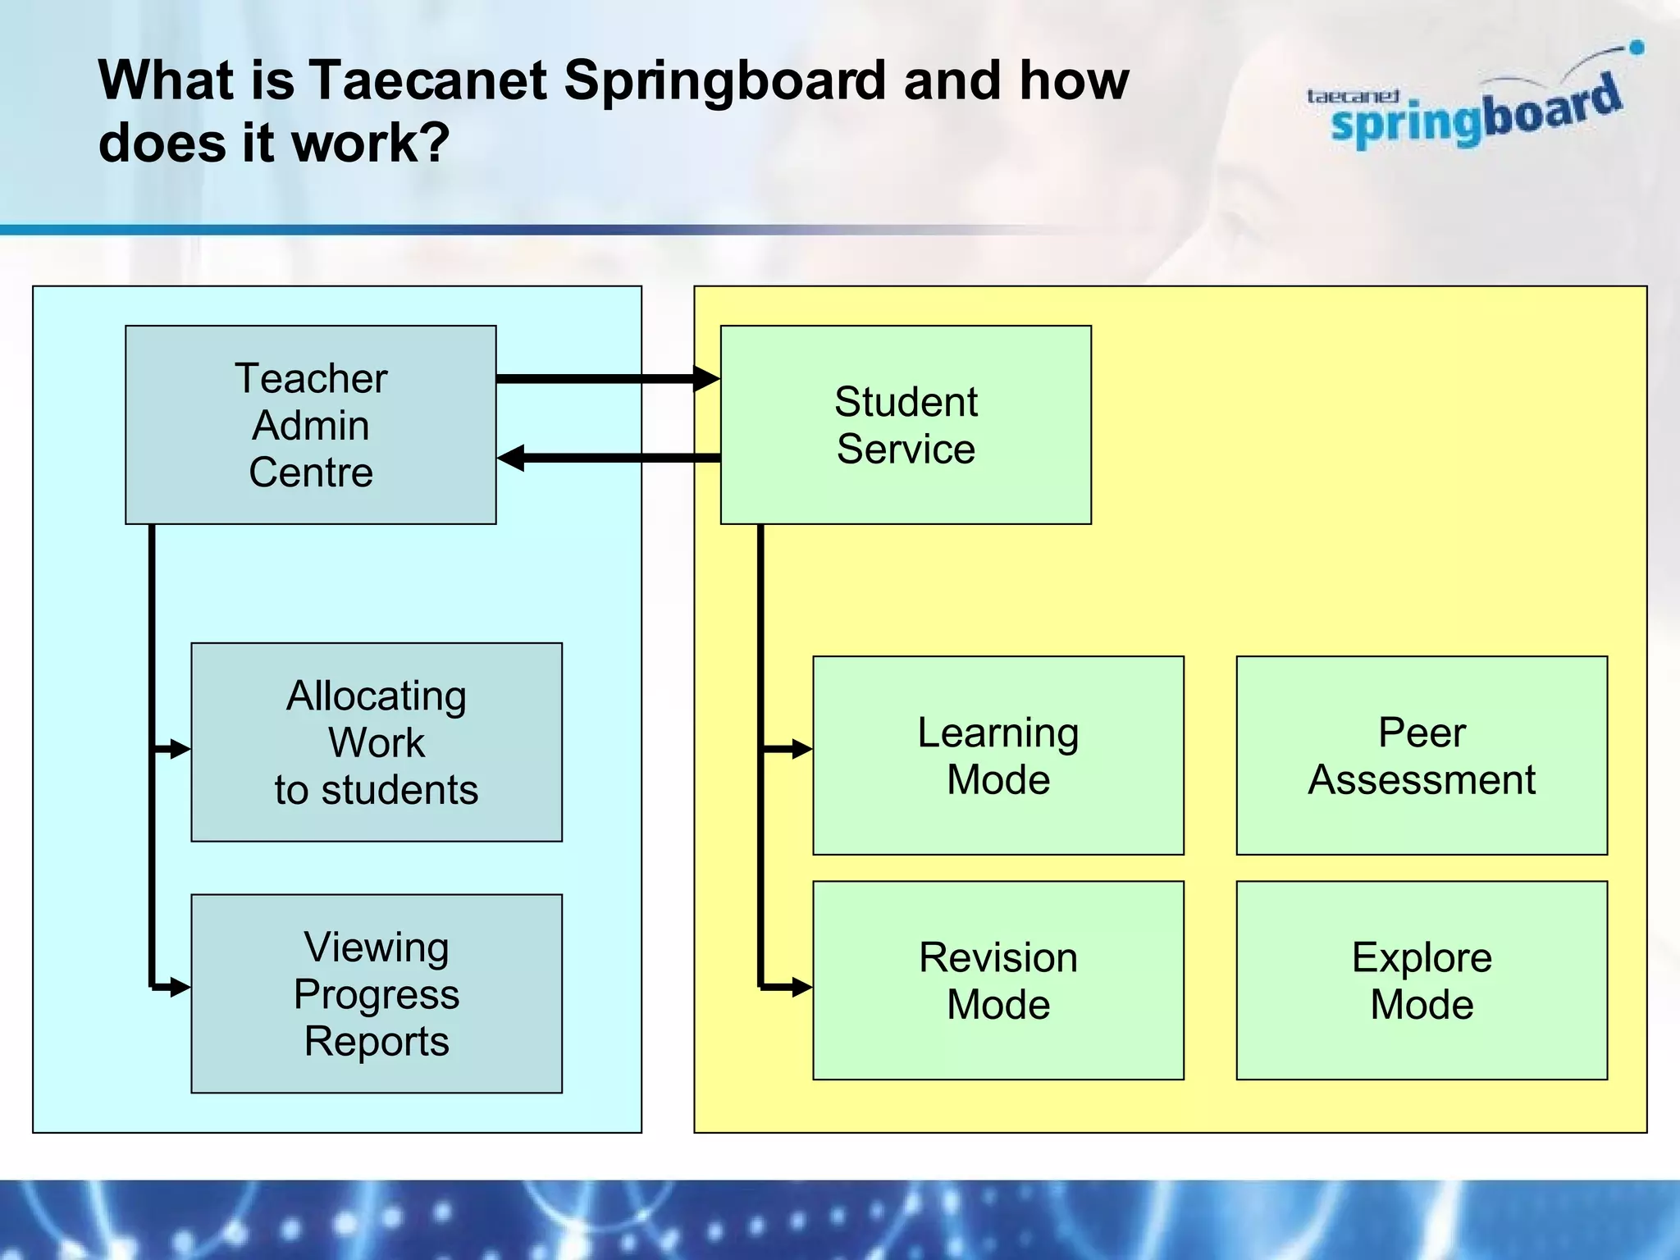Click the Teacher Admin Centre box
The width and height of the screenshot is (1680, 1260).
tap(310, 425)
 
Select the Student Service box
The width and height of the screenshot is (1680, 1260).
tap(906, 425)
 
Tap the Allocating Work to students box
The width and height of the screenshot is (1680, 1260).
tap(377, 742)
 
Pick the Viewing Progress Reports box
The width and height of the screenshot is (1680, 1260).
tap(377, 993)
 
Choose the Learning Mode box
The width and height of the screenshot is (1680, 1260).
tap(998, 756)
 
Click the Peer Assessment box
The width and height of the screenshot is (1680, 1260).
tap(1422, 756)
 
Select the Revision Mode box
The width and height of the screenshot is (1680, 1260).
tap(998, 980)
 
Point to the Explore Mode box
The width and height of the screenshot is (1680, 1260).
tap(1422, 980)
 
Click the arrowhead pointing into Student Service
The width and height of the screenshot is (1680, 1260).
tap(706, 378)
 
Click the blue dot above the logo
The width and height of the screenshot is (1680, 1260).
tap(1636, 48)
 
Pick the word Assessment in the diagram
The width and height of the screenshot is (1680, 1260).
tap(1422, 779)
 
